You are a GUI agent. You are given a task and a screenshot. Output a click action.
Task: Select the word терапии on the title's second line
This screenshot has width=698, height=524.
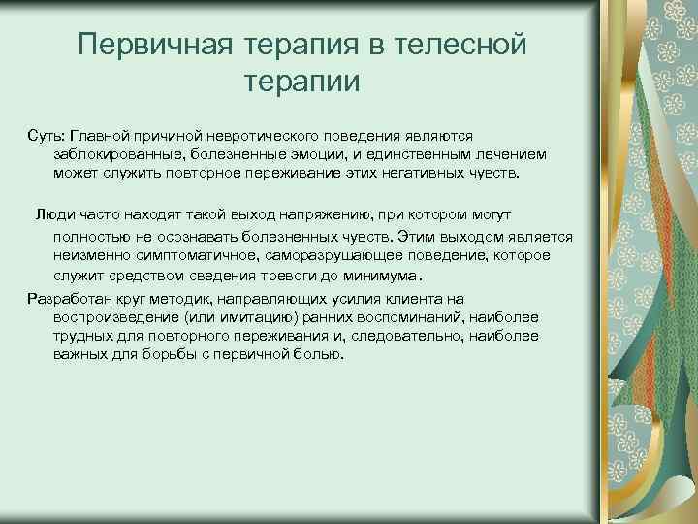303,82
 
